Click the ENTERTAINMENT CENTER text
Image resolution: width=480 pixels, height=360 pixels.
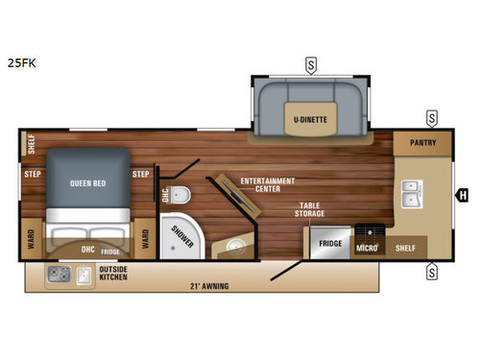point(268,183)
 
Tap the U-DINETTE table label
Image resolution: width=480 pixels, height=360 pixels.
point(308,118)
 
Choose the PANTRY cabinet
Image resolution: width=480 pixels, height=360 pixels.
point(423,143)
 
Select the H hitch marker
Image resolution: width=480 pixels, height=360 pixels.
point(463,195)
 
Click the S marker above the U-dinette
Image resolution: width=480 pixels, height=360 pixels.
point(311,65)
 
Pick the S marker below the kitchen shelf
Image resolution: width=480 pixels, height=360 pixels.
point(432,271)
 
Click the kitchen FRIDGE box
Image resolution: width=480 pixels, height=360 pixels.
point(331,244)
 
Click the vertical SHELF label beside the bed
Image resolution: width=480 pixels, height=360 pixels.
point(30,143)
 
